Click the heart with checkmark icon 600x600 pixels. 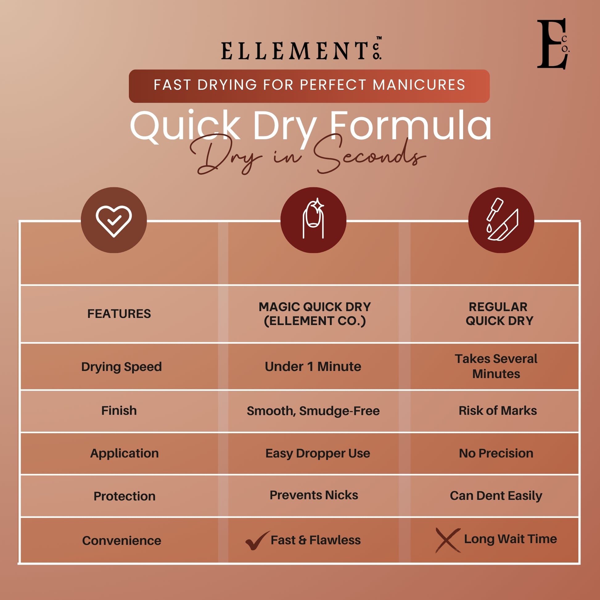114,220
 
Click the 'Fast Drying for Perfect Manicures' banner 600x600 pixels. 309,86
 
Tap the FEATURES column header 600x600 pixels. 119,314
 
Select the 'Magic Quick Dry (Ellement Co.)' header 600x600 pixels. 314,314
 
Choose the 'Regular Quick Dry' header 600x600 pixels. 499,314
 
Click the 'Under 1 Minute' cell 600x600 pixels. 313,367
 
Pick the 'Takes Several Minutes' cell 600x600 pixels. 496,366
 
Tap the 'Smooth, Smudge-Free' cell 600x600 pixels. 313,411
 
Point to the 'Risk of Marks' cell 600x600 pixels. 498,411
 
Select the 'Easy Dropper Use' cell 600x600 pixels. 318,454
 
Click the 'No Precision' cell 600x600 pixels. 496,454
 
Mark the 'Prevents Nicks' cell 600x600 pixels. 314,495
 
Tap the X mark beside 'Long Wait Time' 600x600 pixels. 448,540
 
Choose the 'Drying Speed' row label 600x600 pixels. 121,367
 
